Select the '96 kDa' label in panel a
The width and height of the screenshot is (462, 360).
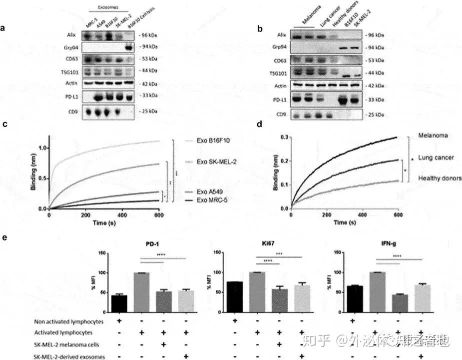coord(148,36)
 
